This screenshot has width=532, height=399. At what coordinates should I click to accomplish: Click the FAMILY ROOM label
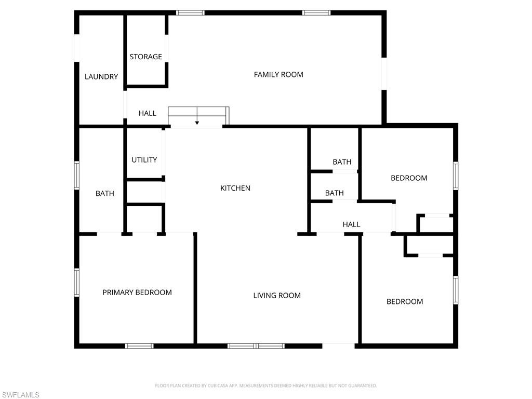(278, 74)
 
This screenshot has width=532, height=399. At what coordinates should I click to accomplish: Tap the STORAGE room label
(145, 57)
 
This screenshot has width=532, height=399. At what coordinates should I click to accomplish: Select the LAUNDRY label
(101, 77)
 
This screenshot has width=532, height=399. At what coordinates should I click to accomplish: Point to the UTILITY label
(144, 160)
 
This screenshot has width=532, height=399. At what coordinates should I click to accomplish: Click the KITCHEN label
(235, 188)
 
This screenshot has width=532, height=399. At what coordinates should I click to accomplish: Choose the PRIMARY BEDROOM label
(137, 292)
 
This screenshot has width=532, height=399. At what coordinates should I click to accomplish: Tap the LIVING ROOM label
(277, 296)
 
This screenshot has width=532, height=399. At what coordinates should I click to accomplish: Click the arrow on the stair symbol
(197, 123)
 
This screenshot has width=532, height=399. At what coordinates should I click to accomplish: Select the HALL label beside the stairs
(148, 113)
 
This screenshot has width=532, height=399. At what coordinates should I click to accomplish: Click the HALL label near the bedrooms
(351, 224)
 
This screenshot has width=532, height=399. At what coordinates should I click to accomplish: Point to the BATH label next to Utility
(104, 194)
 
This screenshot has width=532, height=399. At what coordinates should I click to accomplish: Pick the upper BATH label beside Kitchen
(342, 162)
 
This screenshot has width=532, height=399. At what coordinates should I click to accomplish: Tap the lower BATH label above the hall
(334, 193)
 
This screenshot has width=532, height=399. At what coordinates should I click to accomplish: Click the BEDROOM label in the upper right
(409, 178)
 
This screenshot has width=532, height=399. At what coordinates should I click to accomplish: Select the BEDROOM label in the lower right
(405, 301)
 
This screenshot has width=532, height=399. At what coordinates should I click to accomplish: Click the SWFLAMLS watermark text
(20, 395)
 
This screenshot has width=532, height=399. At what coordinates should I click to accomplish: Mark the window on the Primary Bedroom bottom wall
(139, 345)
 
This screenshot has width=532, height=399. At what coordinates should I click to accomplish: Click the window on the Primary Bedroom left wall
(77, 282)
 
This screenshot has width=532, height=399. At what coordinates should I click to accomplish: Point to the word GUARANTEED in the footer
(362, 385)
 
